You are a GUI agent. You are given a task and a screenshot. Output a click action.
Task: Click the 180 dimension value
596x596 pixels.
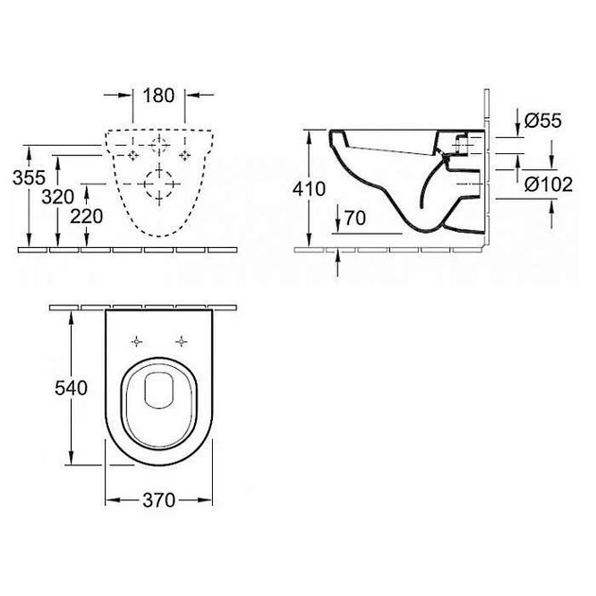(159, 95)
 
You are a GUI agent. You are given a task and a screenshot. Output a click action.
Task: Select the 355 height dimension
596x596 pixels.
(29, 178)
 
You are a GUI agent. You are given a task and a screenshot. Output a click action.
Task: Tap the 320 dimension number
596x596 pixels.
(58, 197)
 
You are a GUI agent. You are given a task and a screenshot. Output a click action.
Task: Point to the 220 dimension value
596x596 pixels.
(87, 217)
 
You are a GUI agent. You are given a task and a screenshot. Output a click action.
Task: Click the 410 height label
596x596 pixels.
(309, 189)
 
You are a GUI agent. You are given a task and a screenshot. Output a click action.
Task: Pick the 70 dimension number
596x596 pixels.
(355, 218)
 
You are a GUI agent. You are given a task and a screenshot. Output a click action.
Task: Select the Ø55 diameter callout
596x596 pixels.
(543, 121)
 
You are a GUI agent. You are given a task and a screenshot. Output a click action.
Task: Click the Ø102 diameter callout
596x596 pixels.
(549, 184)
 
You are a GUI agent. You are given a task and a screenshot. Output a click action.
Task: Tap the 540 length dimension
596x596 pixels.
(71, 388)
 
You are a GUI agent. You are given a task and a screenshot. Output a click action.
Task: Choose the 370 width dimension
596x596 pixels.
(159, 500)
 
